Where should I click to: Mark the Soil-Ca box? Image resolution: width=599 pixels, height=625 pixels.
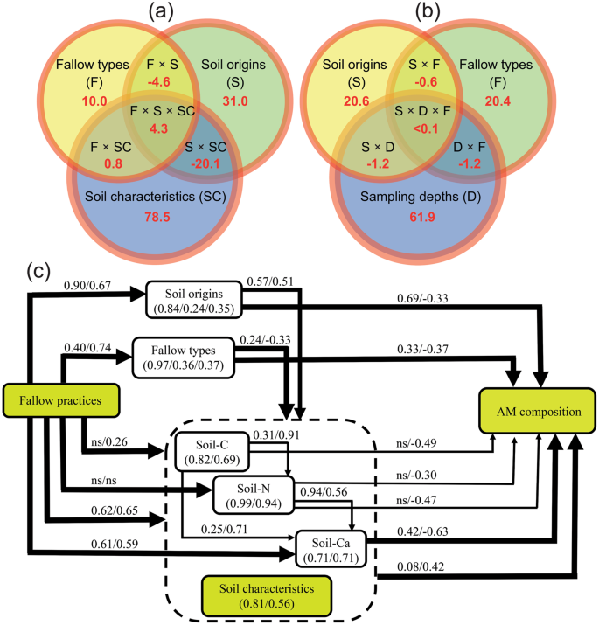[x=329, y=546]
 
